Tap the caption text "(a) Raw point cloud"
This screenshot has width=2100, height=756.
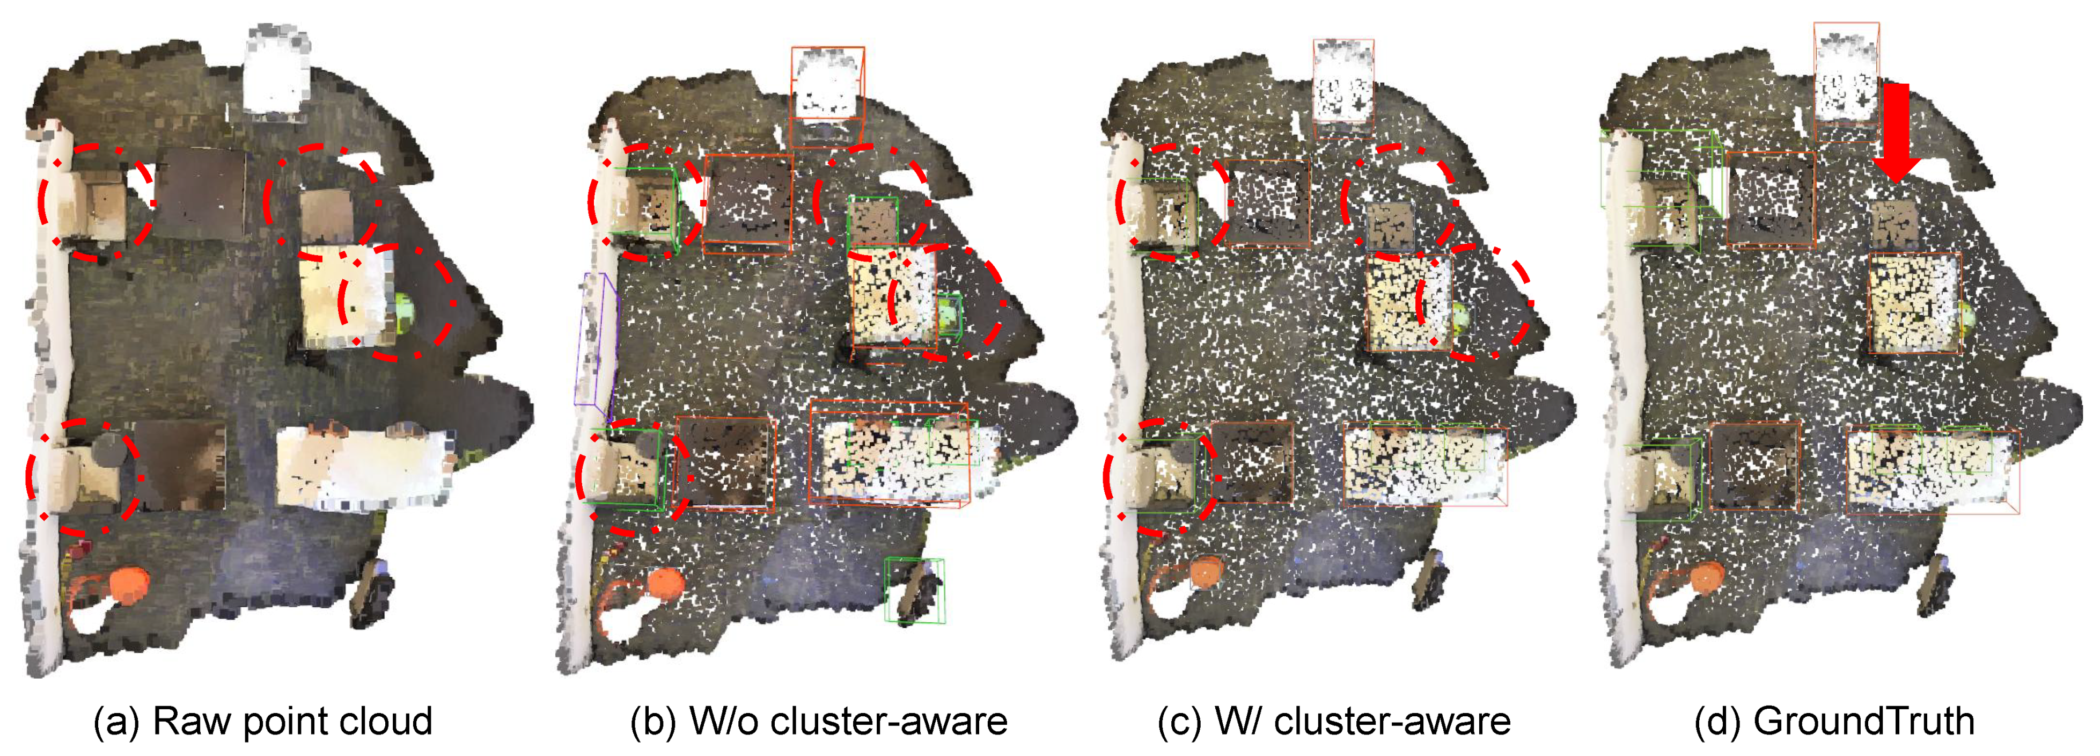(262, 721)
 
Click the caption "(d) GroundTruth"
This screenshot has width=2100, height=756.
(1834, 721)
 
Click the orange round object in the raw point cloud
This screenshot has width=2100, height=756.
(128, 586)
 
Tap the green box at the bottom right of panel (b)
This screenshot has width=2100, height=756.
(915, 591)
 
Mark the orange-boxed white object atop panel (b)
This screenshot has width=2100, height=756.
(827, 83)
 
